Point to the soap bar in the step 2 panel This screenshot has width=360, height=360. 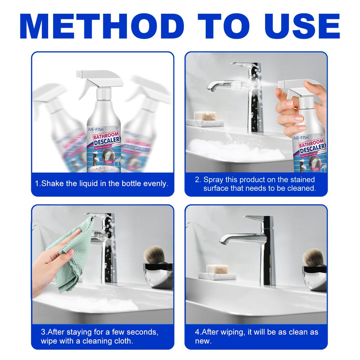point(205,116)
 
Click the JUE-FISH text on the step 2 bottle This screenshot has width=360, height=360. point(301,137)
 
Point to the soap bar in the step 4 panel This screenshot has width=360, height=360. point(216,269)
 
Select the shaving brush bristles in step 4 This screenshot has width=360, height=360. point(313,256)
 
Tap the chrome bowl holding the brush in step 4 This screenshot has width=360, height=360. point(314,278)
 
